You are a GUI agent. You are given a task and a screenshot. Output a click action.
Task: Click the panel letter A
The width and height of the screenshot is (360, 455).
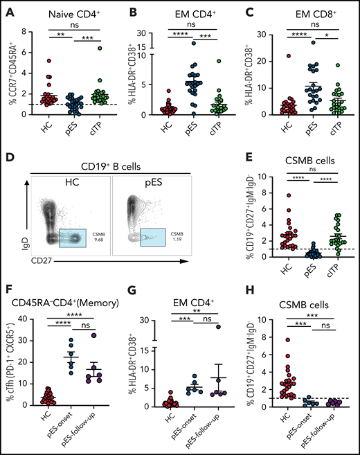pos(6,8)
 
